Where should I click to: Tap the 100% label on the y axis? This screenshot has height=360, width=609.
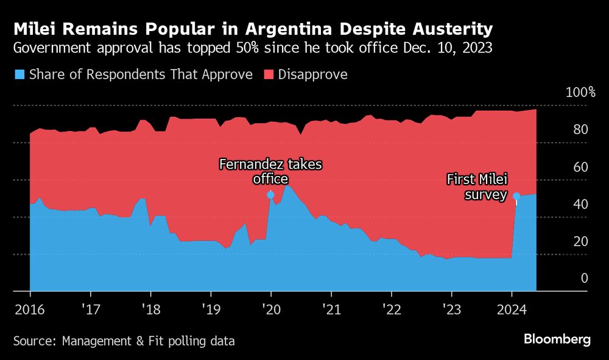(x=580, y=93)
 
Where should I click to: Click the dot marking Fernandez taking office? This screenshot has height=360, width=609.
(x=271, y=195)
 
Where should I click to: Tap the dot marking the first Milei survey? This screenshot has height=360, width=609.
(x=516, y=196)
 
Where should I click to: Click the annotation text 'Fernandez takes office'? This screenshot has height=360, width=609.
(x=270, y=171)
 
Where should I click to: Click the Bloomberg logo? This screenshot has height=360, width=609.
(x=557, y=340)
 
